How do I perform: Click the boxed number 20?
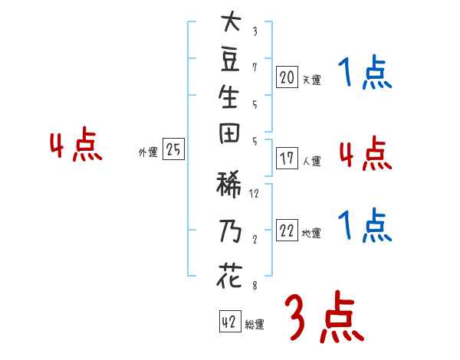287,77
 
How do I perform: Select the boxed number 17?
287,159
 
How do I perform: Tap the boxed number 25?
174,150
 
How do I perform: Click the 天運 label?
311,80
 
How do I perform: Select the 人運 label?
311,162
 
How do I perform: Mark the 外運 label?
148,152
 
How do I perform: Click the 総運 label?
255,325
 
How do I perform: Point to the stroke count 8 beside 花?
255,286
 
